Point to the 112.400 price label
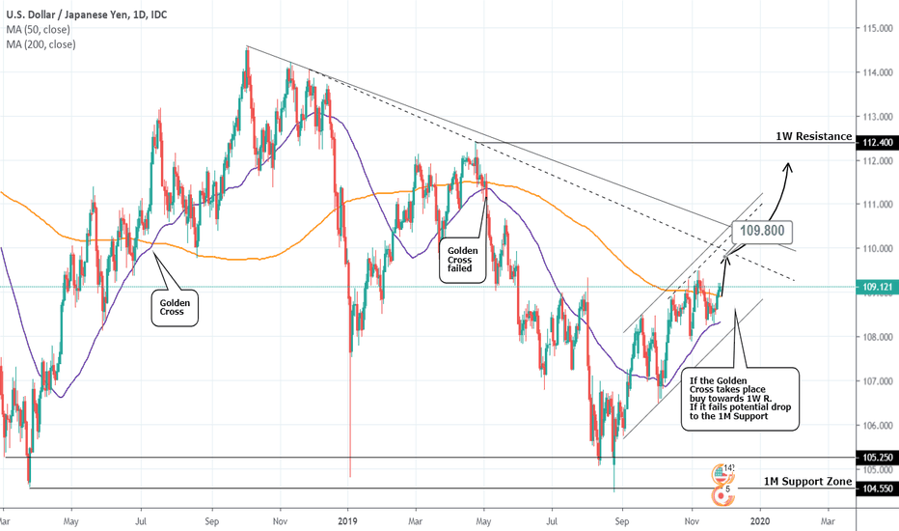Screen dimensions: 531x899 pos(877,143)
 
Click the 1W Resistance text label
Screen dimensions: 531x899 pos(814,138)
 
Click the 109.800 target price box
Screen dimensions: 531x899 pos(762,232)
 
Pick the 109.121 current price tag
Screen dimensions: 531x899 pos(877,287)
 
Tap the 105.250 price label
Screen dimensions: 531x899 pos(877,458)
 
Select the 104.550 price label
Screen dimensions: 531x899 pos(877,489)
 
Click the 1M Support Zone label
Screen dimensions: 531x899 pos(806,482)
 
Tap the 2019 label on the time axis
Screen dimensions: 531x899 pos(349,520)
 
